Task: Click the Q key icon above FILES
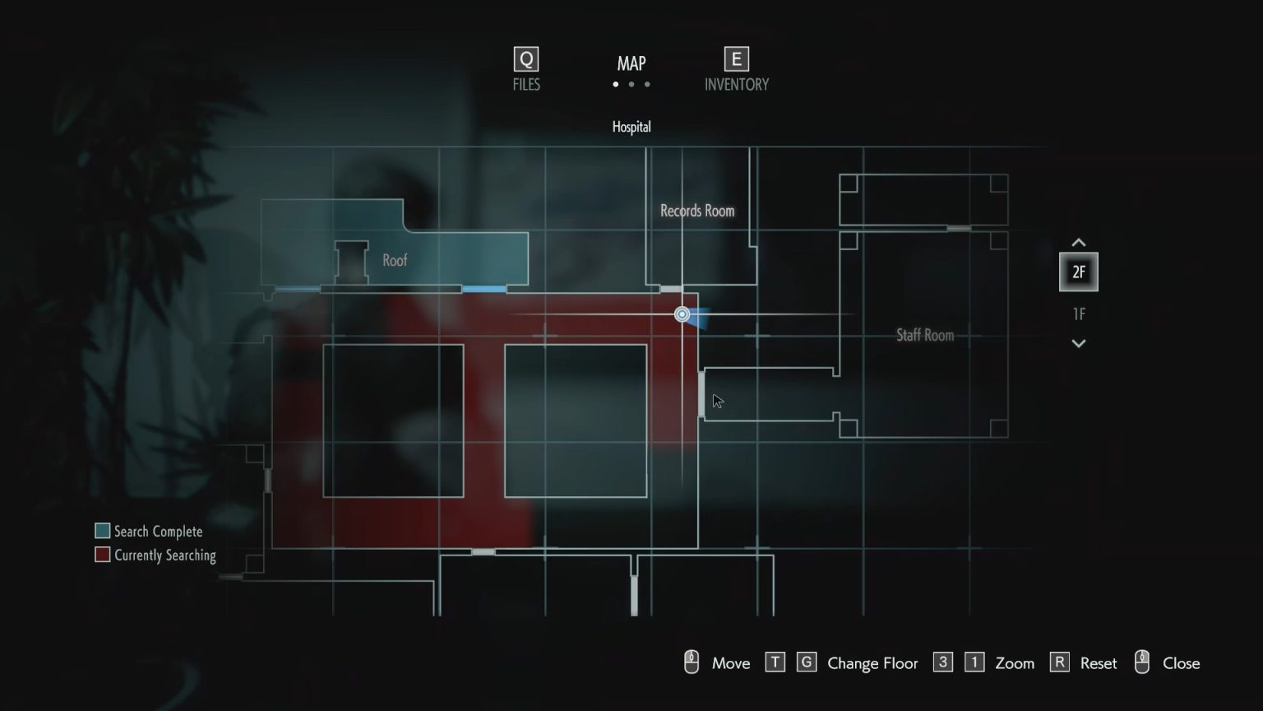pyautogui.click(x=526, y=59)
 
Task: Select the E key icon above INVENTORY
pyautogui.click(x=736, y=59)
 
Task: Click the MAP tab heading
pyautogui.click(x=631, y=63)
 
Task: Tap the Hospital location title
pyautogui.click(x=631, y=127)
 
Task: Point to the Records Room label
pyautogui.click(x=697, y=211)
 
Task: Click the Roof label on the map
pyautogui.click(x=395, y=261)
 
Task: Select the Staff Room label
pyautogui.click(x=925, y=335)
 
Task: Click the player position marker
pyautogui.click(x=682, y=314)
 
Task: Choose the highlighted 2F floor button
pyautogui.click(x=1078, y=272)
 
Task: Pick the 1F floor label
pyautogui.click(x=1079, y=314)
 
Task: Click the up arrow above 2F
pyautogui.click(x=1079, y=243)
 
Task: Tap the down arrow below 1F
pyautogui.click(x=1079, y=343)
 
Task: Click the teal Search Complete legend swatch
pyautogui.click(x=103, y=531)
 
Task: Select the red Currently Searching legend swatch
pyautogui.click(x=103, y=555)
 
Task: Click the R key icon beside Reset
pyautogui.click(x=1059, y=662)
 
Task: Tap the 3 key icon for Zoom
pyautogui.click(x=943, y=662)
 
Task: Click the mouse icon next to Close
pyautogui.click(x=1142, y=662)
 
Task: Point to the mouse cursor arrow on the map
pyautogui.click(x=717, y=401)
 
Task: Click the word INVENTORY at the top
pyautogui.click(x=737, y=85)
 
